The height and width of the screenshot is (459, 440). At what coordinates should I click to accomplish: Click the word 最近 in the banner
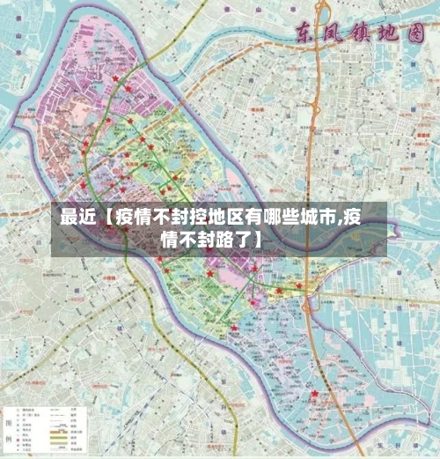(x=77, y=217)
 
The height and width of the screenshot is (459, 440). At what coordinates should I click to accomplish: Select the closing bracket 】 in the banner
(x=259, y=239)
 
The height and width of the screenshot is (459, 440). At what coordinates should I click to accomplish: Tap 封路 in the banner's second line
(x=209, y=239)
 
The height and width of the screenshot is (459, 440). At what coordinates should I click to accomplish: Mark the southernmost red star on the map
(x=313, y=394)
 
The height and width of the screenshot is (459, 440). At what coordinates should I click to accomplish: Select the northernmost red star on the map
(x=115, y=78)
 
